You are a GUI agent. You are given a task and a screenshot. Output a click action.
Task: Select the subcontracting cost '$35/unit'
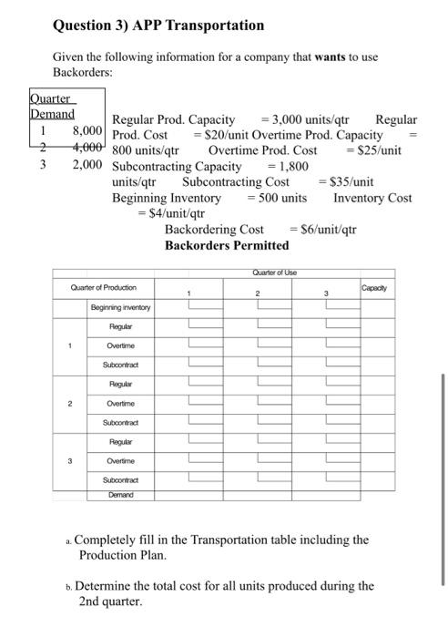(x=351, y=182)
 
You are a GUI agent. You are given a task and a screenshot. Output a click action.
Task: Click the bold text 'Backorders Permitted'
(x=227, y=246)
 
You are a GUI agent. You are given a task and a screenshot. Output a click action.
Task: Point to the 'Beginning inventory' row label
(x=120, y=308)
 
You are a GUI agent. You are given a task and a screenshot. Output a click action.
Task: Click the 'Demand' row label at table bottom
(x=113, y=495)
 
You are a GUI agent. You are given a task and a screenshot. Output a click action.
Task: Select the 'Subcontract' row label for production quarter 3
(x=120, y=478)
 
